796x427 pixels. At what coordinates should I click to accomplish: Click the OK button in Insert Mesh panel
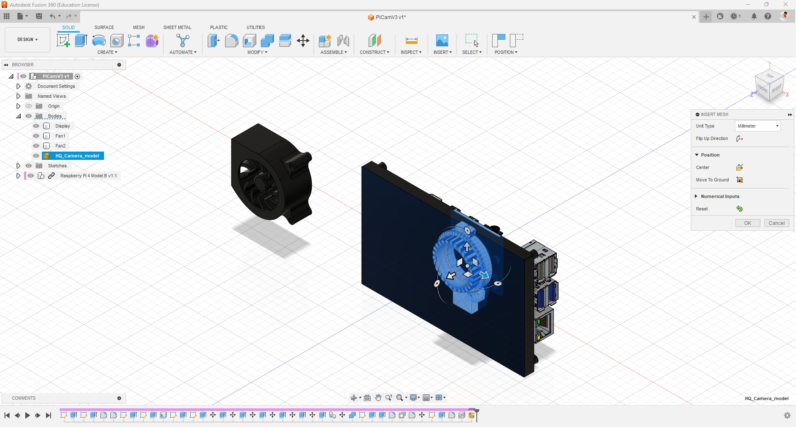747,223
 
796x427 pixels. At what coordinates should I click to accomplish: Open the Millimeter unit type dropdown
757,126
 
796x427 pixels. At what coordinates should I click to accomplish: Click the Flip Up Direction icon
739,138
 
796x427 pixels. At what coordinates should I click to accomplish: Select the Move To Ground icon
739,180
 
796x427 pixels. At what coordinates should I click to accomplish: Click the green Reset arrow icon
739,209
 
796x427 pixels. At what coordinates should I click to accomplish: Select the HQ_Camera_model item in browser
77,156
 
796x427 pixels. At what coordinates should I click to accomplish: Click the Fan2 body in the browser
61,146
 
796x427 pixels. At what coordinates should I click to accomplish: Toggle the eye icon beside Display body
36,126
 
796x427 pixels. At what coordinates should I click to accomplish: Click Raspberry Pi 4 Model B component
88,176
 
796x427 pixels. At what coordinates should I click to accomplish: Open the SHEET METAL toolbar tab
177,27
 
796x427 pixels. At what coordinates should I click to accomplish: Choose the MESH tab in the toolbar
138,27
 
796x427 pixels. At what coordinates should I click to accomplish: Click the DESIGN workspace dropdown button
27,40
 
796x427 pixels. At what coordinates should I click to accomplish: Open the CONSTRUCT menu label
374,52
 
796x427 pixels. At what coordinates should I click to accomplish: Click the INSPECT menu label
410,52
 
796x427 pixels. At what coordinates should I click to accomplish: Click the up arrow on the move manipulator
467,247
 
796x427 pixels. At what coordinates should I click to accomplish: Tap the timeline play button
27,415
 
